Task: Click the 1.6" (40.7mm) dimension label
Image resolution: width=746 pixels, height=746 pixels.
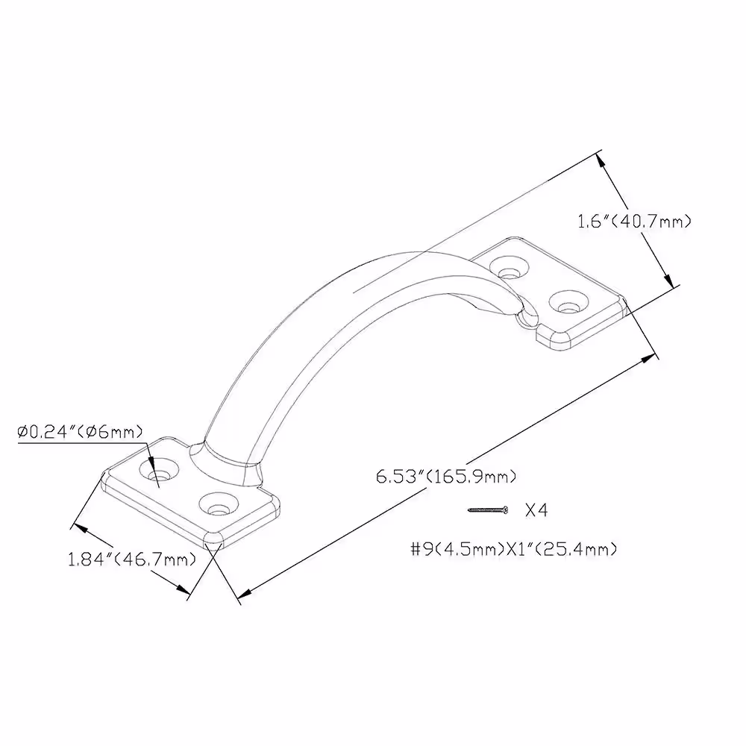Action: coord(633,222)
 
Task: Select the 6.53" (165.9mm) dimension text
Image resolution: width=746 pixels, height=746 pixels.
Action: coord(446,476)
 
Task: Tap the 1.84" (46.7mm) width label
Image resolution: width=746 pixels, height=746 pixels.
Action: coord(132,559)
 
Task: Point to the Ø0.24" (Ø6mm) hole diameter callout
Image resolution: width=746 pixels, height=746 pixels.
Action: coord(80,432)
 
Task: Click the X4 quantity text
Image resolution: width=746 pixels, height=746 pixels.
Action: coord(536,510)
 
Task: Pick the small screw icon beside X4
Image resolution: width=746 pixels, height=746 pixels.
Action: coord(488,510)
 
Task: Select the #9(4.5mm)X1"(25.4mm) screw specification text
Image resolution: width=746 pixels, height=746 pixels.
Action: coord(514,550)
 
